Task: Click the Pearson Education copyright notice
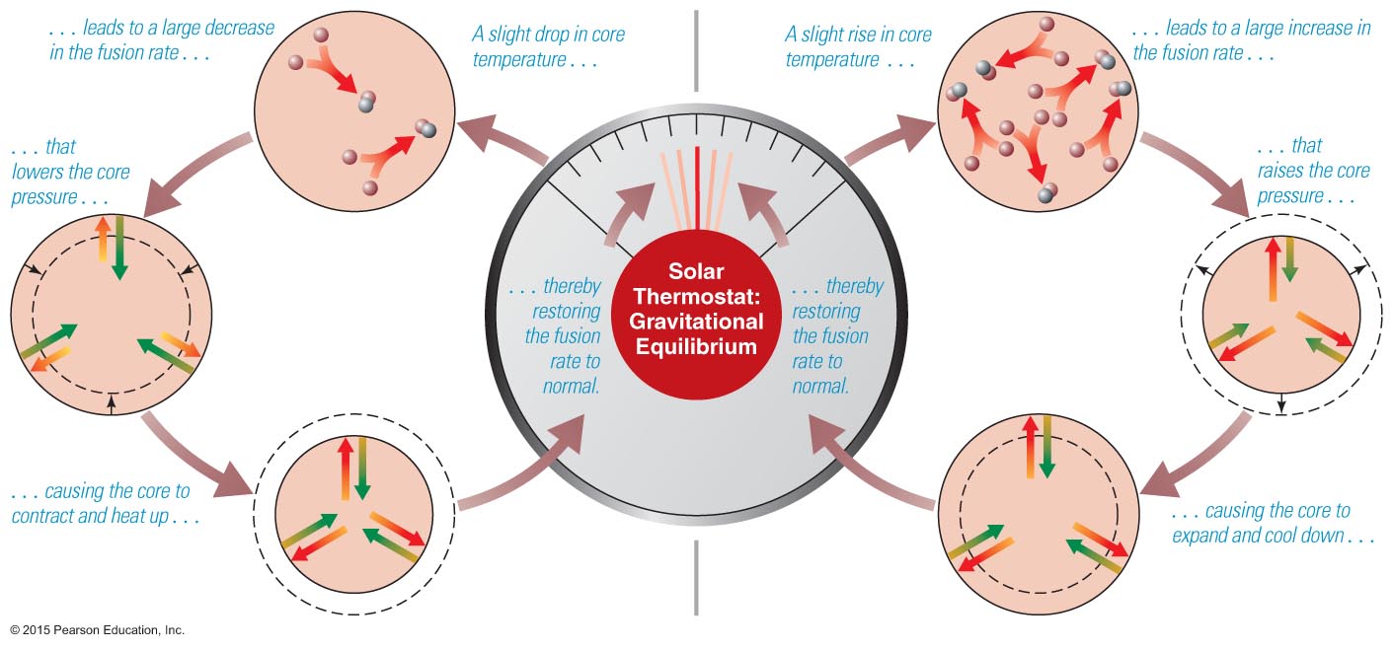pos(98,629)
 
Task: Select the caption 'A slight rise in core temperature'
pos(857,47)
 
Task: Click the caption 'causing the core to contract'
pos(102,503)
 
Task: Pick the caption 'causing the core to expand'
pos(1260,523)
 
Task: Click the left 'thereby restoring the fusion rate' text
pos(562,335)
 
